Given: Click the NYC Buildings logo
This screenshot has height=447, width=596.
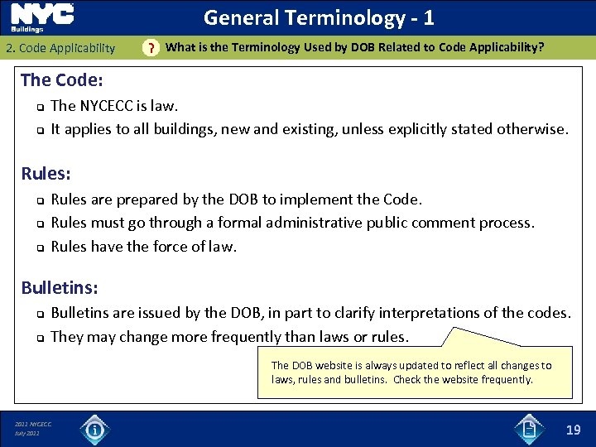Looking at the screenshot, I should [41, 17].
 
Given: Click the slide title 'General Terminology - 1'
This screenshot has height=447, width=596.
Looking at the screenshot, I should [319, 17].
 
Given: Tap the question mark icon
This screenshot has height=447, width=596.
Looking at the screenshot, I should [150, 48].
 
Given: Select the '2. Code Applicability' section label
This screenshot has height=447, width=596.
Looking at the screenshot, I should [60, 48].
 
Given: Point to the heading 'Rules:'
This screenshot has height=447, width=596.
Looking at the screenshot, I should [46, 174].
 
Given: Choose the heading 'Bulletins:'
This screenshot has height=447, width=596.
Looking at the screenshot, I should [60, 288].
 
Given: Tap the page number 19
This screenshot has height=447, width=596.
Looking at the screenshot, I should [573, 429].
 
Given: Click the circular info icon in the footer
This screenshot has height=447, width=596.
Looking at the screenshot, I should [94, 429].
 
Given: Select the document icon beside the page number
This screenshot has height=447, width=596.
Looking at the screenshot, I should [528, 428].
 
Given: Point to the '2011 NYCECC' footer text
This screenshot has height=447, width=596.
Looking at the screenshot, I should [33, 425].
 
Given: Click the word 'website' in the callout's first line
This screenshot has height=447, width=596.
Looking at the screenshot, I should [338, 365].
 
